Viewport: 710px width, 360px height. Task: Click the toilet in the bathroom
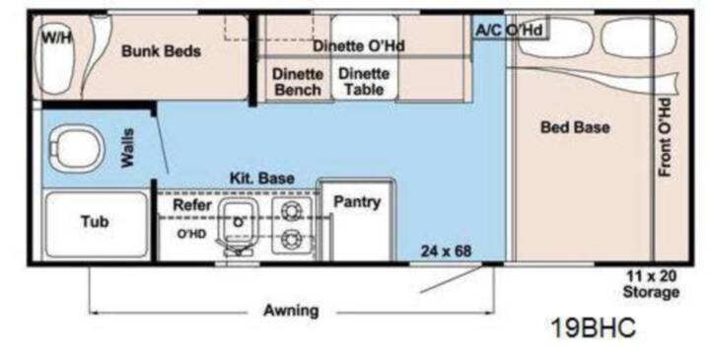(x=77, y=149)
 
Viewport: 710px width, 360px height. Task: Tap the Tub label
(x=95, y=222)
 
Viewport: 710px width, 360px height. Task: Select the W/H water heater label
(x=57, y=37)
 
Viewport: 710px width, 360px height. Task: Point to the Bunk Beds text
(x=161, y=50)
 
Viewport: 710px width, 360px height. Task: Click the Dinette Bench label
(x=298, y=82)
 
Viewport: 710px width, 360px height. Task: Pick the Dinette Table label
(x=364, y=82)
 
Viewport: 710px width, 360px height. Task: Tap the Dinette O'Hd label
(x=359, y=45)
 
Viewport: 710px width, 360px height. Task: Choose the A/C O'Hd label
(x=509, y=31)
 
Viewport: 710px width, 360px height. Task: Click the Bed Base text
(x=575, y=127)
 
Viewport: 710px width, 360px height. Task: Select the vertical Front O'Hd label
(x=665, y=137)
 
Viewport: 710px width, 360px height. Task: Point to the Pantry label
(x=357, y=202)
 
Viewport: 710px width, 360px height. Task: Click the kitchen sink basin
(x=239, y=220)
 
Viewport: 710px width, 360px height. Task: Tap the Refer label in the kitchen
(x=192, y=205)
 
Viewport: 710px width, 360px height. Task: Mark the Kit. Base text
(x=262, y=178)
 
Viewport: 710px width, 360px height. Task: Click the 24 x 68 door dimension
(x=446, y=251)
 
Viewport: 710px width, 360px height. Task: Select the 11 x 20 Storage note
(x=651, y=284)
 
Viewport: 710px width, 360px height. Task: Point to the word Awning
(x=291, y=311)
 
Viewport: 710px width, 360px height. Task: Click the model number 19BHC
(x=594, y=327)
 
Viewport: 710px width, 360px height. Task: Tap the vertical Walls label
(x=127, y=148)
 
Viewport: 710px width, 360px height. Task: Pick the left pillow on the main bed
(x=555, y=37)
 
